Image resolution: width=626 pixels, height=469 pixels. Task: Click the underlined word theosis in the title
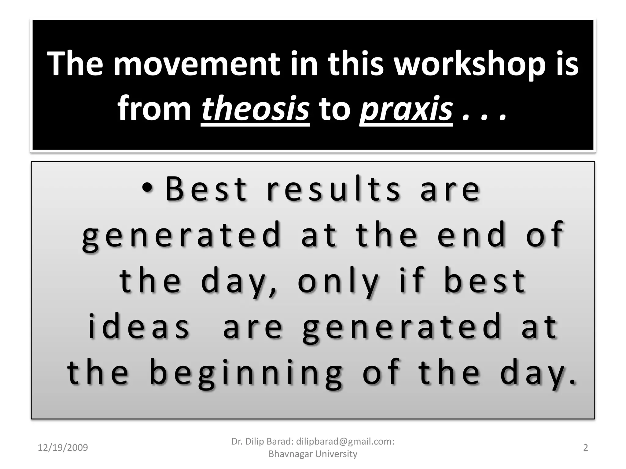click(255, 109)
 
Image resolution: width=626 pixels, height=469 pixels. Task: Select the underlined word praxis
click(406, 109)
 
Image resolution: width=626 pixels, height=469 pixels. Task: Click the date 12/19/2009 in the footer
click(63, 448)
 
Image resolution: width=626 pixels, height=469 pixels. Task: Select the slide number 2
click(585, 448)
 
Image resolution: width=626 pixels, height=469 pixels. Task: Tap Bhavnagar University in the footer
click(313, 454)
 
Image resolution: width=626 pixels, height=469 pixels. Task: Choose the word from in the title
click(154, 109)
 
